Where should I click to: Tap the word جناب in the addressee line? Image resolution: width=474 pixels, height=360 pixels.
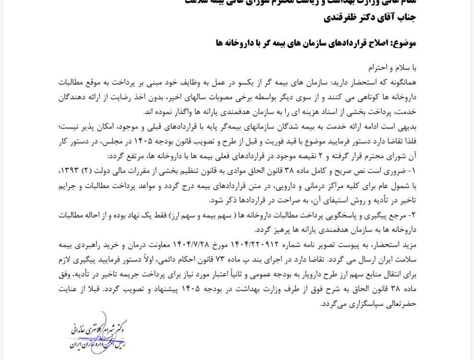[x=405, y=18]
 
